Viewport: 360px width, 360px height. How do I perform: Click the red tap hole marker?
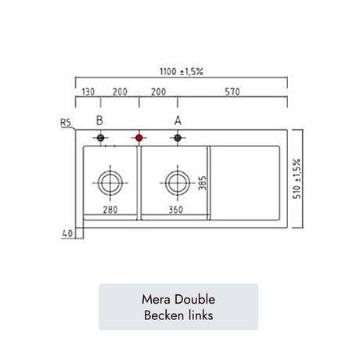(139, 138)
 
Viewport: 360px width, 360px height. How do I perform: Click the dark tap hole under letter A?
(178, 138)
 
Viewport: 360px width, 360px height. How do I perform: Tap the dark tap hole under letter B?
(101, 138)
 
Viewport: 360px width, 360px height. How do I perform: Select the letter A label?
(178, 121)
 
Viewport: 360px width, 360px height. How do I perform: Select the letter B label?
(99, 121)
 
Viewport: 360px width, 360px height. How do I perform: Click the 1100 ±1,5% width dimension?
(182, 71)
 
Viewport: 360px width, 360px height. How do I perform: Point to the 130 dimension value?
(88, 92)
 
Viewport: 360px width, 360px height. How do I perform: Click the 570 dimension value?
(232, 92)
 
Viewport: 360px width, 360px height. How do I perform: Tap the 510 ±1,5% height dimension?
(297, 178)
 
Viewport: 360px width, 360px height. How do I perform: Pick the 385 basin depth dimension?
(202, 183)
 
